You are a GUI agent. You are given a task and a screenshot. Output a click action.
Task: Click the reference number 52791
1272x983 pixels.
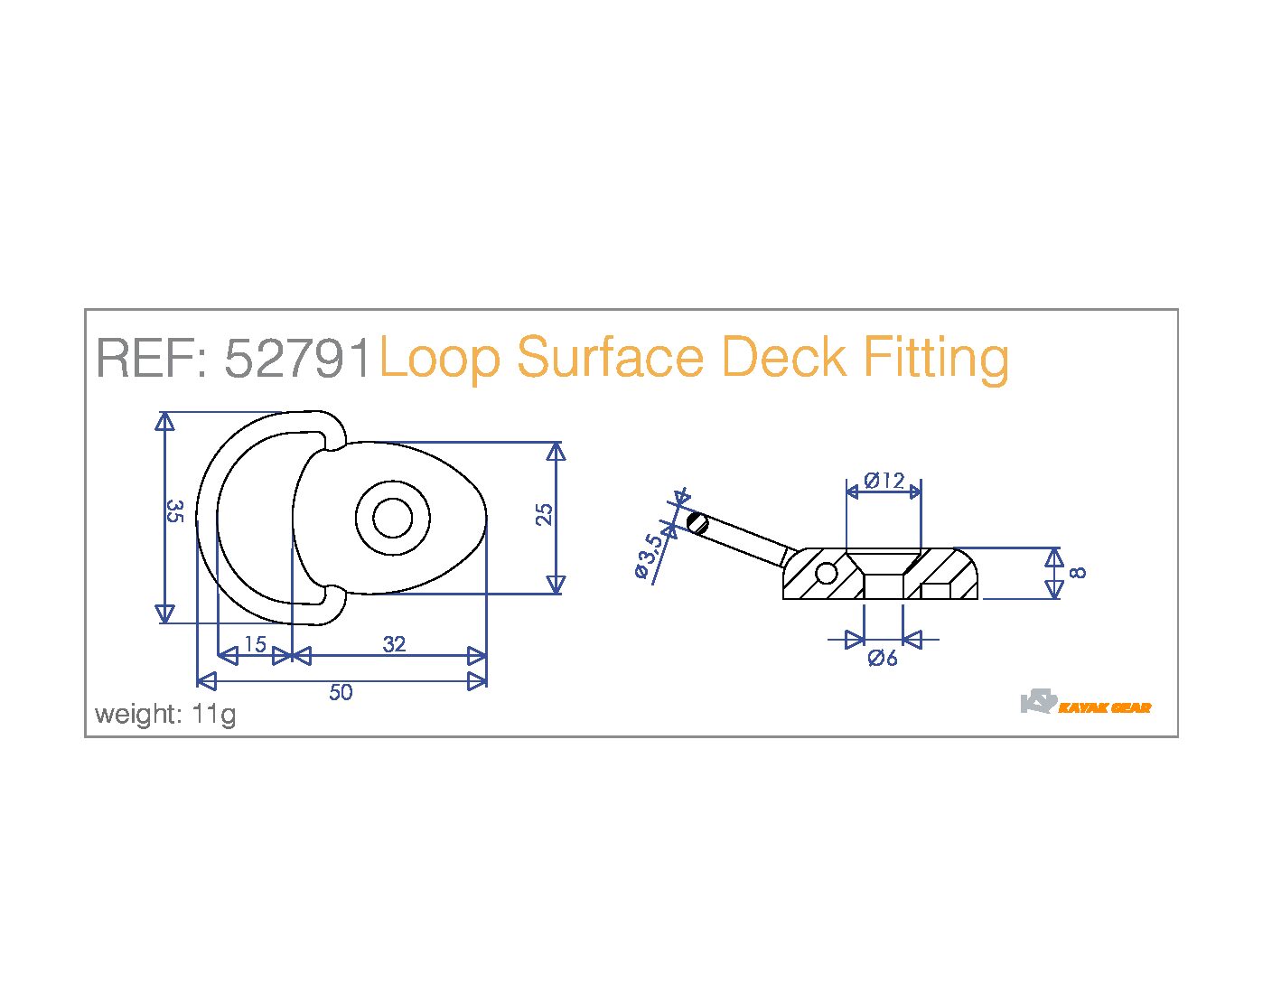[x=298, y=358]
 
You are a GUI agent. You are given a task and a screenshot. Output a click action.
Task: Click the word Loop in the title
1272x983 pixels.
[x=438, y=358]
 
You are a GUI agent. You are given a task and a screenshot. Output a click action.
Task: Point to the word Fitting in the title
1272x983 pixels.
[x=936, y=358]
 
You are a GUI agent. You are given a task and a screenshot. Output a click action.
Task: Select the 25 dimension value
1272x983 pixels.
[x=544, y=514]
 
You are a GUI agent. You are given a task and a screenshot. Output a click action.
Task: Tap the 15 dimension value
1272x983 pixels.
[x=255, y=644]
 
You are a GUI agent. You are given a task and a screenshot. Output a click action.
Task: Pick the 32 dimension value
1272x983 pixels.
[x=394, y=644]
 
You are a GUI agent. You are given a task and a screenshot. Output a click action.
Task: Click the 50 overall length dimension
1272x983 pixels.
[x=341, y=692]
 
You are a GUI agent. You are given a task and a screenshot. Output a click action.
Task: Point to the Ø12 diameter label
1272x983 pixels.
[x=884, y=481]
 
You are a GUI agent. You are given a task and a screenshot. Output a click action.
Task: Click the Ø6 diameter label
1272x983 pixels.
[x=883, y=659]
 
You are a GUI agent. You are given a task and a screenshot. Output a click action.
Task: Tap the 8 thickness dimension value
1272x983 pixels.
[x=1077, y=572]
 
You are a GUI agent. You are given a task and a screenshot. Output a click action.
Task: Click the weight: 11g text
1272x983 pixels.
[x=165, y=714]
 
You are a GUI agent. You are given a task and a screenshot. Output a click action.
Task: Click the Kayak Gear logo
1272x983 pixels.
[x=1086, y=704]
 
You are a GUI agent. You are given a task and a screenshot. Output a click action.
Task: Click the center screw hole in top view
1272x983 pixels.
[x=393, y=519]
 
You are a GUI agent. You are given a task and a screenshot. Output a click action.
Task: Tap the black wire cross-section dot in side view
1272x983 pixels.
[x=697, y=522]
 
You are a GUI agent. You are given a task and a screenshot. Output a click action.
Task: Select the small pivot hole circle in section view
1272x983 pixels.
[x=826, y=572]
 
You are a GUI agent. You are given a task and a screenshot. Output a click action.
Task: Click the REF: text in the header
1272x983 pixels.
[x=153, y=358]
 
